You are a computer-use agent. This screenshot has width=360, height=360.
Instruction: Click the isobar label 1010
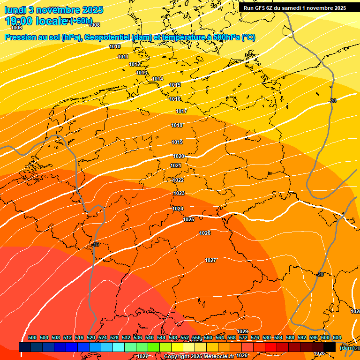(x=115, y=46)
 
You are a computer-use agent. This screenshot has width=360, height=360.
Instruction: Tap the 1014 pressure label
(x=157, y=79)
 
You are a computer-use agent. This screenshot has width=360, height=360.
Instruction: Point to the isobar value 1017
(x=181, y=111)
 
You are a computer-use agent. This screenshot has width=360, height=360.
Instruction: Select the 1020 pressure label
(x=179, y=156)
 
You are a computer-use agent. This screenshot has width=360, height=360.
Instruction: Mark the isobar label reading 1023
(x=179, y=193)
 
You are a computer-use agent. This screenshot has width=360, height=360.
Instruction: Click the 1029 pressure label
(x=242, y=331)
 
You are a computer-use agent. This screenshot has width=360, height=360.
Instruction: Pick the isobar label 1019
(x=177, y=142)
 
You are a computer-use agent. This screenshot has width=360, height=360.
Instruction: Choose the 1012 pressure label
(x=135, y=64)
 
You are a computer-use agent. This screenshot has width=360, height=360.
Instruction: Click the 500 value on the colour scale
(x=32, y=337)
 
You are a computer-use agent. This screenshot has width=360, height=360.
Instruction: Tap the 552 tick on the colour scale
(x=185, y=337)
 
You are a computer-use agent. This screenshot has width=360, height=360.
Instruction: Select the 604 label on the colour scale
(x=337, y=337)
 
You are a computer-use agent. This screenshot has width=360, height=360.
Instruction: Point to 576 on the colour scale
(x=255, y=337)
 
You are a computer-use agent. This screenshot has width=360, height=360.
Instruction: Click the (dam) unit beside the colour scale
(x=347, y=348)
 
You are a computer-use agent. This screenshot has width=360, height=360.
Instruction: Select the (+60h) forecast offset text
(x=81, y=21)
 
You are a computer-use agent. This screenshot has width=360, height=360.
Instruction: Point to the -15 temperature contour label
(x=96, y=244)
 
